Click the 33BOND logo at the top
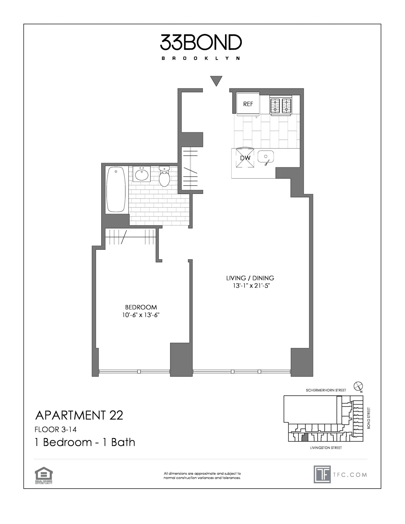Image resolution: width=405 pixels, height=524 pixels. pyautogui.click(x=201, y=42)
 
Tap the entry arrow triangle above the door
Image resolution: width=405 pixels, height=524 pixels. pyautogui.click(x=216, y=80)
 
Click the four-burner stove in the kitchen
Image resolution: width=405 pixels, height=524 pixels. pyautogui.click(x=281, y=106)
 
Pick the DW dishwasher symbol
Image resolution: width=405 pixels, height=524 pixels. pyautogui.click(x=245, y=158)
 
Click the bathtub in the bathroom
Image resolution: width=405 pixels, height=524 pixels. pyautogui.click(x=116, y=189)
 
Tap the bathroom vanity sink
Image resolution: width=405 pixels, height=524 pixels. pyautogui.click(x=143, y=174)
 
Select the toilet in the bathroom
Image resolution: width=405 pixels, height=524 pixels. pyautogui.click(x=164, y=176)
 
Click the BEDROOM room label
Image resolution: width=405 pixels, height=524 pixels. pyautogui.click(x=141, y=307)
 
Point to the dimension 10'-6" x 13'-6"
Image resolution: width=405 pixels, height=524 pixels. pyautogui.click(x=141, y=315)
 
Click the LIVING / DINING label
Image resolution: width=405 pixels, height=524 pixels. pyautogui.click(x=250, y=278)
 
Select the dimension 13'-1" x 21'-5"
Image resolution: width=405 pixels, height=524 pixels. pyautogui.click(x=250, y=286)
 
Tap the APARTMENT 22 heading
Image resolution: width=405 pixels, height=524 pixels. pyautogui.click(x=79, y=415)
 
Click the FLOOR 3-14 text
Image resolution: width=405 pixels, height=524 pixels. pyautogui.click(x=56, y=430)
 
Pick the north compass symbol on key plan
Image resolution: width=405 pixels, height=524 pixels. pyautogui.click(x=358, y=386)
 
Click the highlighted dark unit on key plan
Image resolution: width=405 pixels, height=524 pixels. pyautogui.click(x=305, y=438)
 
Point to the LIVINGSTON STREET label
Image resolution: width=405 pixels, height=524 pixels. pyautogui.click(x=326, y=448)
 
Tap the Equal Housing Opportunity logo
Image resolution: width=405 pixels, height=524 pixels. pyautogui.click(x=43, y=476)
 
